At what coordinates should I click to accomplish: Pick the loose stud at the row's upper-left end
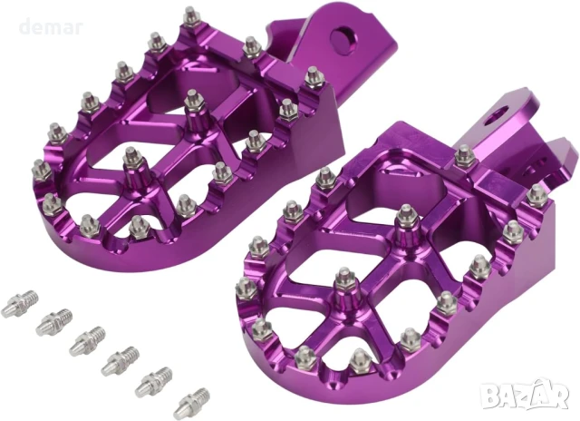coord(20,299)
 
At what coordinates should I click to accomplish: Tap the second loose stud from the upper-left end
coord(53,319)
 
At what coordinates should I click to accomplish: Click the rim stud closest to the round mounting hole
coord(314,76)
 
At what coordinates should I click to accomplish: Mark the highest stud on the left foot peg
coord(191,15)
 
